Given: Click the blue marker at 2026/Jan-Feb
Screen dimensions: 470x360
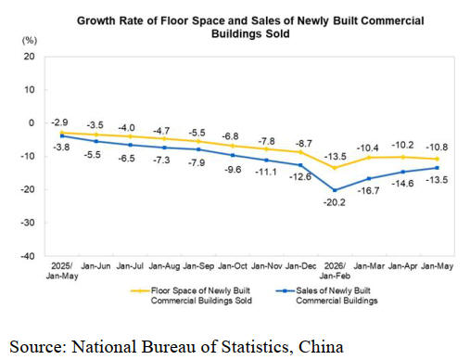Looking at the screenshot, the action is [x=335, y=190].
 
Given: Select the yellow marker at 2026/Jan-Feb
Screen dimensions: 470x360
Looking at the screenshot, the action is [x=335, y=168].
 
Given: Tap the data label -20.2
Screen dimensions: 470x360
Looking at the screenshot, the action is [x=335, y=202].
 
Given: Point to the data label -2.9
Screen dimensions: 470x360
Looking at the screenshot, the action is [x=59, y=122].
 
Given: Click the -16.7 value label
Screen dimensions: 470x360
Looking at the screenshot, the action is [x=368, y=191].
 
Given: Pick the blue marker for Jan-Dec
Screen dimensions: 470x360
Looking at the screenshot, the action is [x=300, y=165].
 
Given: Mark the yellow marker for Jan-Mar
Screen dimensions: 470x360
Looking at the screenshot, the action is [x=369, y=158].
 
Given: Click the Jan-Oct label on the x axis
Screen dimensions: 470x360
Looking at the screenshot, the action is [x=233, y=266].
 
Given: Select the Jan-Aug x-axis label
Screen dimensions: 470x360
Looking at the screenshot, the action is [x=164, y=266].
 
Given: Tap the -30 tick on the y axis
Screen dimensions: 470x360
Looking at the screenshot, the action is [x=27, y=223].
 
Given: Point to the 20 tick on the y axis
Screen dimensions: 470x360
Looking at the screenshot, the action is [x=29, y=57].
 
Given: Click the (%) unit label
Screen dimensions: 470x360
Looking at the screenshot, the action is [x=30, y=41].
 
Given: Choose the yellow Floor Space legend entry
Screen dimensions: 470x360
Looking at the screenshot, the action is [x=191, y=296].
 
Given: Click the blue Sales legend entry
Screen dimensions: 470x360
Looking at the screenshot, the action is [x=326, y=296].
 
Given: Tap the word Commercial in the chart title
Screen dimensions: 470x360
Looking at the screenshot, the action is [x=392, y=20].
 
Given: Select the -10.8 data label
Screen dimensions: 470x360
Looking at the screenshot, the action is [x=437, y=148].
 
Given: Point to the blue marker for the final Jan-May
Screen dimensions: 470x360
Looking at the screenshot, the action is [x=437, y=168].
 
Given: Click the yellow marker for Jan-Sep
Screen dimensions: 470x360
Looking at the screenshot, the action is [x=198, y=141].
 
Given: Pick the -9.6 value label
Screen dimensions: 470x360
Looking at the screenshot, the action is [x=233, y=170].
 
